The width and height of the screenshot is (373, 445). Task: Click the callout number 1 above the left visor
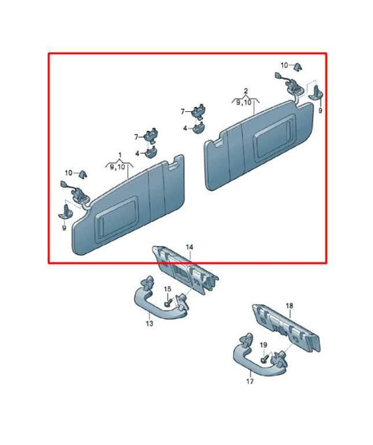pyautogui.click(x=120, y=155)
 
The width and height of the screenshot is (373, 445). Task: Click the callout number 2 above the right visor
pyautogui.click(x=246, y=91)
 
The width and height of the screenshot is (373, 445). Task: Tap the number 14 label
pyautogui.click(x=190, y=247)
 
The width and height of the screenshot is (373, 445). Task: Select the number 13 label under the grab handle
pyautogui.click(x=150, y=323)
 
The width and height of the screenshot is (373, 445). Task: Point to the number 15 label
pyautogui.click(x=168, y=289)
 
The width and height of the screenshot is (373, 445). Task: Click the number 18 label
pyautogui.click(x=289, y=306)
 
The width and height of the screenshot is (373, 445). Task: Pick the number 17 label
pyautogui.click(x=250, y=381)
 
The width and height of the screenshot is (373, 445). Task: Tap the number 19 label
pyautogui.click(x=263, y=345)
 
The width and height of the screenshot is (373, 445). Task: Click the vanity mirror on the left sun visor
pyautogui.click(x=117, y=220)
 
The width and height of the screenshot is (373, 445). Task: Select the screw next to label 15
pyautogui.click(x=168, y=302)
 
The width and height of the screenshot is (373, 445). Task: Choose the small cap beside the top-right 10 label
pyautogui.click(x=297, y=66)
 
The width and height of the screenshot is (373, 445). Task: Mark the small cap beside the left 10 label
pyautogui.click(x=83, y=174)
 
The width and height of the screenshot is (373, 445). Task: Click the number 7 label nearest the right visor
pyautogui.click(x=183, y=112)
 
